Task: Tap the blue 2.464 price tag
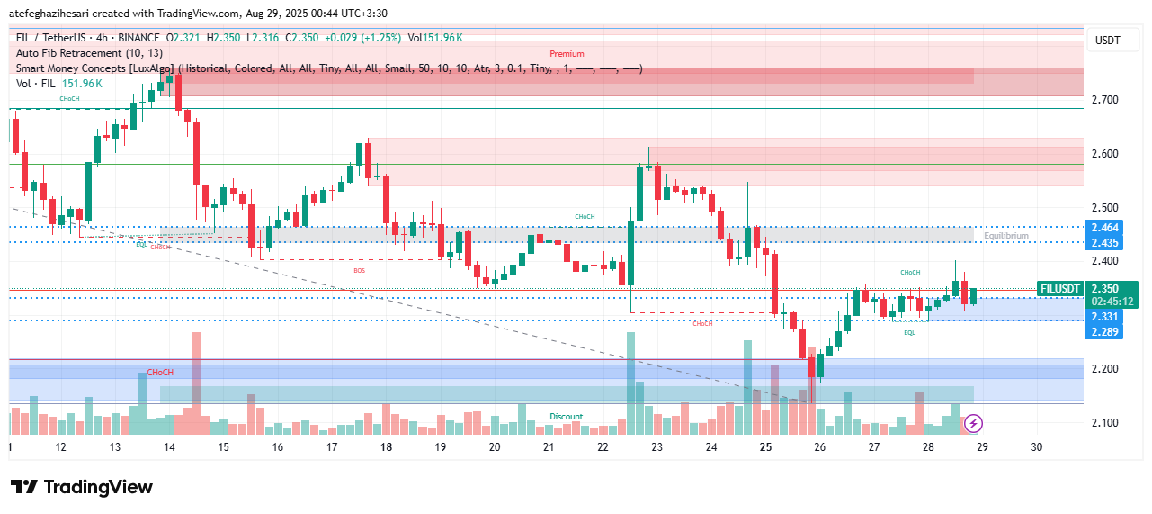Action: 1105,228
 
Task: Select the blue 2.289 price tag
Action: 1105,331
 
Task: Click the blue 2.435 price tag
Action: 1105,243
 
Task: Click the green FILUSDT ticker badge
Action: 1059,289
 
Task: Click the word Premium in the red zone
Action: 567,54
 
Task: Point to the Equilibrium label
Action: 1005,236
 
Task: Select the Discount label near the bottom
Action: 567,417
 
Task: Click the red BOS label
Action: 359,270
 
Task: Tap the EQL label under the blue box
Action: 909,333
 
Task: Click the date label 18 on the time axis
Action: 386,446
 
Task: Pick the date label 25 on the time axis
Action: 765,446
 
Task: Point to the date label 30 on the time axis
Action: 1037,446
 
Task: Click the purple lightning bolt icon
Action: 973,422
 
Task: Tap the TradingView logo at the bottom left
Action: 81,487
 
